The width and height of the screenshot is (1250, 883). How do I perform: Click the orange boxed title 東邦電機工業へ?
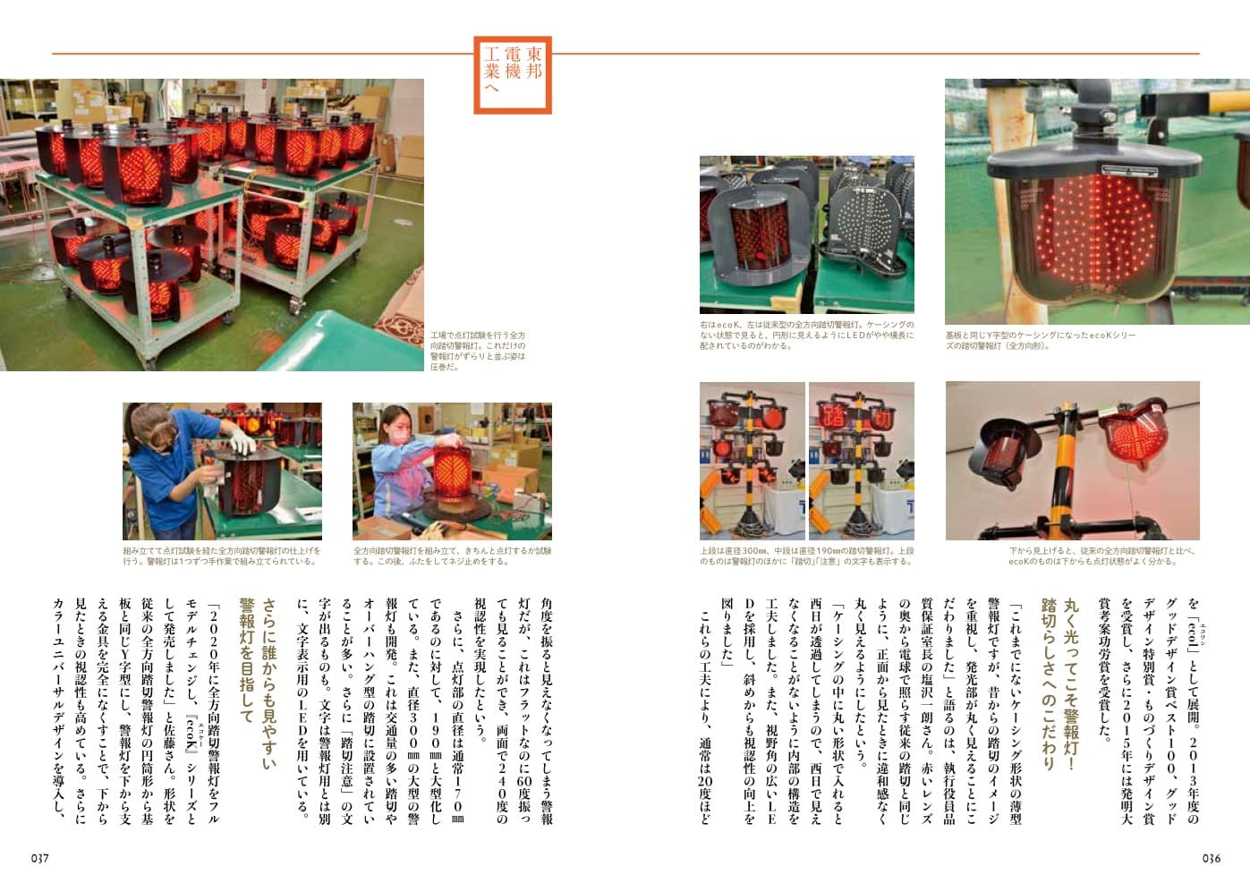click(x=512, y=74)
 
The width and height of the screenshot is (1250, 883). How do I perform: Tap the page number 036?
click(x=1211, y=858)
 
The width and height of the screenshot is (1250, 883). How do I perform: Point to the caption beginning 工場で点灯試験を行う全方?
click(x=479, y=351)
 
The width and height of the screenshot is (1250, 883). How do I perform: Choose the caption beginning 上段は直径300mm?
click(x=806, y=556)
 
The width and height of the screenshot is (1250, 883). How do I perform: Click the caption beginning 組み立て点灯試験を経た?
click(x=221, y=556)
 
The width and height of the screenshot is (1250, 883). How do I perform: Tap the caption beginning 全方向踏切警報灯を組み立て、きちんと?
click(x=452, y=556)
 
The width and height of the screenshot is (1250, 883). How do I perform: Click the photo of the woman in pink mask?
click(x=452, y=471)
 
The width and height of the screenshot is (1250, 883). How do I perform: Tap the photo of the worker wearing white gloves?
click(x=221, y=471)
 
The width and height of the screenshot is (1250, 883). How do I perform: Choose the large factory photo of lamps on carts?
click(x=212, y=224)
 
